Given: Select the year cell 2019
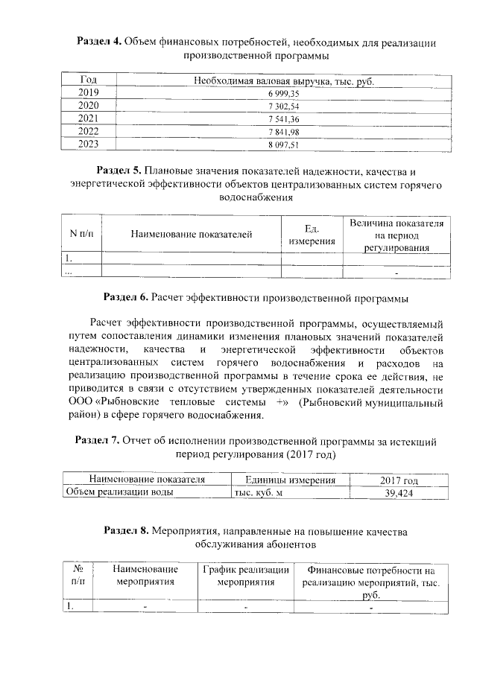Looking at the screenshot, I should (x=88, y=92).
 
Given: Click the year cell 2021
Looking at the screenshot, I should (x=88, y=118).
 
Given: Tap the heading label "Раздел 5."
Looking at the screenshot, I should (x=122, y=173).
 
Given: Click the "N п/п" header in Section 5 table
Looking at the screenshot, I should (x=80, y=235).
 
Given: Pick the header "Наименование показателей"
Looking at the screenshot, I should (x=191, y=235).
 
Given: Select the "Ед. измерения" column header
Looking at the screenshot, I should (x=312, y=235).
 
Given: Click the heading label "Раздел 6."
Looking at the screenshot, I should (x=126, y=299).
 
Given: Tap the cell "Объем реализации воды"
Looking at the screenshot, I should (x=119, y=492).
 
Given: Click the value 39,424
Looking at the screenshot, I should (x=399, y=492).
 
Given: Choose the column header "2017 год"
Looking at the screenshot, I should (x=399, y=480).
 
